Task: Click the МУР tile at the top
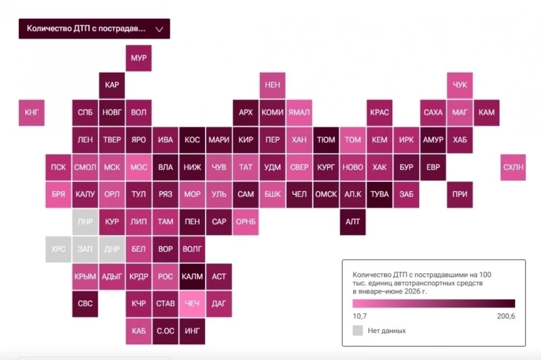coord(138,58)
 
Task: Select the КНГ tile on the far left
coord(31,113)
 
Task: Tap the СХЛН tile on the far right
coord(513,167)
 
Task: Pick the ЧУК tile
coord(459,85)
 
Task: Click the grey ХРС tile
coord(58,249)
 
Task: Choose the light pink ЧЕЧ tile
coord(192,304)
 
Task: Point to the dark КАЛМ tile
coord(192,277)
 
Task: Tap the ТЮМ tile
coord(326,140)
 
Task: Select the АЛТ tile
coord(353,222)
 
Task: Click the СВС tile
coord(85,304)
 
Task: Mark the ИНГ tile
coord(192,331)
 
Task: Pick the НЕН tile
coord(272,85)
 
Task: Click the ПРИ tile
coord(459,195)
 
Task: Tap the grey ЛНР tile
coord(85,222)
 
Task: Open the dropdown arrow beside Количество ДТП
coord(160,29)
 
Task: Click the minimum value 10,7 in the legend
coord(360,316)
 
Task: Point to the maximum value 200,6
coord(506,316)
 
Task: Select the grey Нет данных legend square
coord(358,331)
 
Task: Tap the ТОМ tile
coord(353,140)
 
